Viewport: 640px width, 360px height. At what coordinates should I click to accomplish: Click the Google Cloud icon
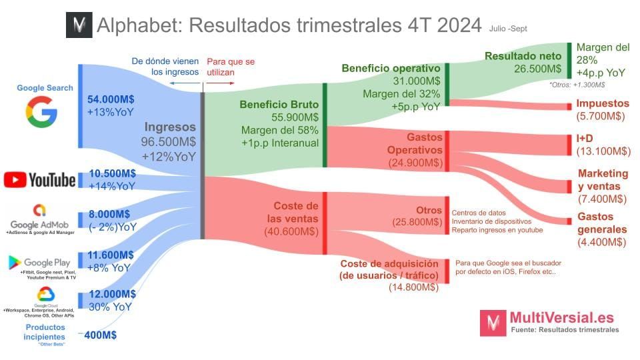click(x=45, y=294)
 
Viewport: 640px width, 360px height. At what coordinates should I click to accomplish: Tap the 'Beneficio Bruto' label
click(x=279, y=105)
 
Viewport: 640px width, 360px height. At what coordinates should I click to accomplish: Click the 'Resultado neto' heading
click(x=523, y=56)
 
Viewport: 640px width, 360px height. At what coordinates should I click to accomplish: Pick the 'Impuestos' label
click(x=603, y=103)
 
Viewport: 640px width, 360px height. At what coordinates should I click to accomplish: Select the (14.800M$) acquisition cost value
click(x=413, y=287)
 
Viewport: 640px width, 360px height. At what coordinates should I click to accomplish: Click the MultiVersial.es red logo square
click(x=493, y=323)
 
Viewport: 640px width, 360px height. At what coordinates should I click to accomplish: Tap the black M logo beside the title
click(x=79, y=25)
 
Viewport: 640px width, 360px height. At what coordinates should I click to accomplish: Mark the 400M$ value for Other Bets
click(x=101, y=335)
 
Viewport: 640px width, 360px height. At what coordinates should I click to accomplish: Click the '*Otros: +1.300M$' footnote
click(x=577, y=85)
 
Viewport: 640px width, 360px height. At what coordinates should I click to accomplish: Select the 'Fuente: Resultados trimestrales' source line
click(x=564, y=329)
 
